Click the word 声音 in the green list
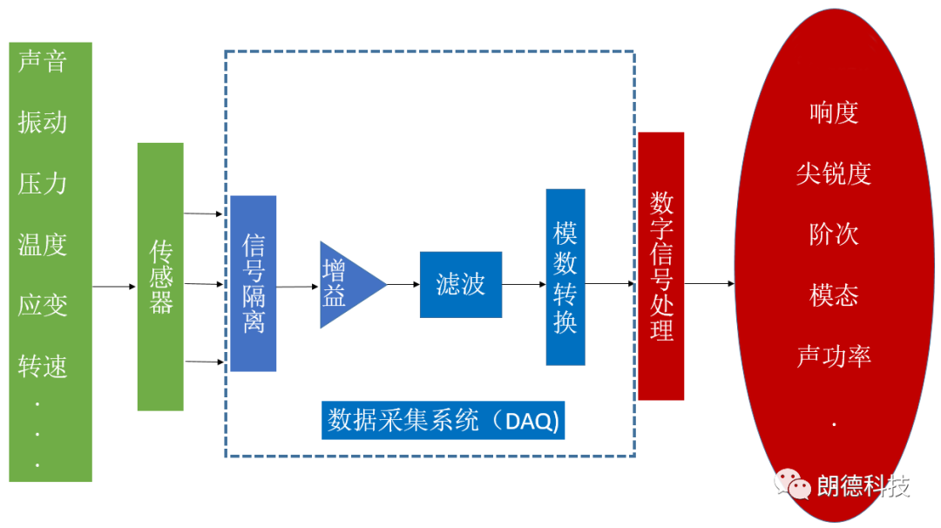42,62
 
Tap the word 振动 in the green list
42,122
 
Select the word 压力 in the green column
42,183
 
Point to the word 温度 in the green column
42,244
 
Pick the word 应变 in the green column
42,305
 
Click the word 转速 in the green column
42,366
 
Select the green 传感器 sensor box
160,276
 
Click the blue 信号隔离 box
254,283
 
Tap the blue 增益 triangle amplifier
345,284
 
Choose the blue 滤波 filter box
461,284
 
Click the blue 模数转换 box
565,277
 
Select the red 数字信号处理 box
661,266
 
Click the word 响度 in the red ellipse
834,112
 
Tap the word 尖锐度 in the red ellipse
834,173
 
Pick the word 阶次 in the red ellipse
834,234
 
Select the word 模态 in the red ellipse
834,295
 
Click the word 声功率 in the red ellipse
834,356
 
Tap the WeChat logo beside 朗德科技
793,484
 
